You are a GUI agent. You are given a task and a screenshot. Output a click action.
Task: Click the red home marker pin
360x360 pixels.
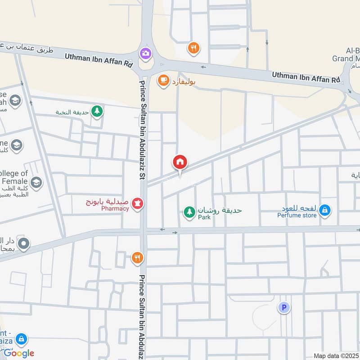tap(180, 162)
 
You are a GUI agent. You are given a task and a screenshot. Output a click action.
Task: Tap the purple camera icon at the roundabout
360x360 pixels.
tap(145, 53)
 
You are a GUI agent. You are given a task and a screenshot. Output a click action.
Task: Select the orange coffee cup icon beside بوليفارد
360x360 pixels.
tap(163, 81)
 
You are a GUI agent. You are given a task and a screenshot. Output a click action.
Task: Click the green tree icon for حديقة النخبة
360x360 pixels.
tap(96, 111)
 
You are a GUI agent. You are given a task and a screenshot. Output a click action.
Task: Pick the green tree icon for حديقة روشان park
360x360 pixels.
tap(189, 211)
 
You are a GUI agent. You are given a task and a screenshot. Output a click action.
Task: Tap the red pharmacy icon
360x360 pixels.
tap(137, 205)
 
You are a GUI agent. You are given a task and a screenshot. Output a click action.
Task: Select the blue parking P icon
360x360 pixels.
tap(284, 308)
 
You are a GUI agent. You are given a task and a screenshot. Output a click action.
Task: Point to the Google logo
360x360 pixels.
tap(19, 353)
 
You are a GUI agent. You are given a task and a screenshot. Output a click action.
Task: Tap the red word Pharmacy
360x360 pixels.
tap(115, 209)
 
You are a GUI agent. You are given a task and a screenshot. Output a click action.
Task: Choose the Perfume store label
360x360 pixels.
tap(297, 215)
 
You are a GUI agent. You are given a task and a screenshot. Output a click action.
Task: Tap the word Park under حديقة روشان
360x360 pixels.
tap(204, 217)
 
